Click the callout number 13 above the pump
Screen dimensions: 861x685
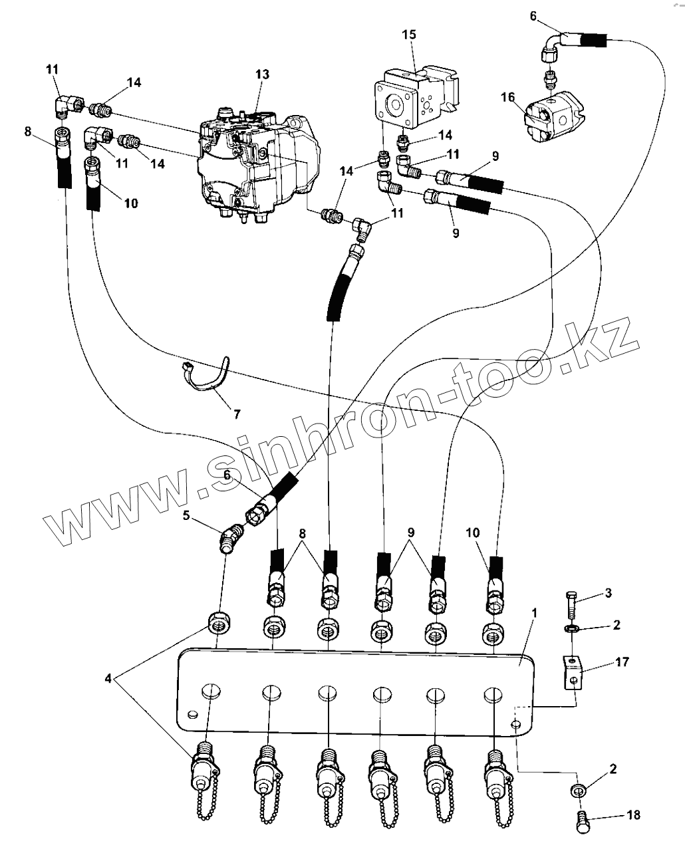click(262, 74)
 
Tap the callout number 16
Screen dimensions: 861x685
click(507, 97)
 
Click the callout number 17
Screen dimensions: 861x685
click(622, 662)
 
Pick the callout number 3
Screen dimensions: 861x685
click(609, 592)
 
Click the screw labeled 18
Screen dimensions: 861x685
click(581, 819)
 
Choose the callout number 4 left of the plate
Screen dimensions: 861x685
click(108, 679)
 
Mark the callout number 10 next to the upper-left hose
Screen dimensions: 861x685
click(130, 202)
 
